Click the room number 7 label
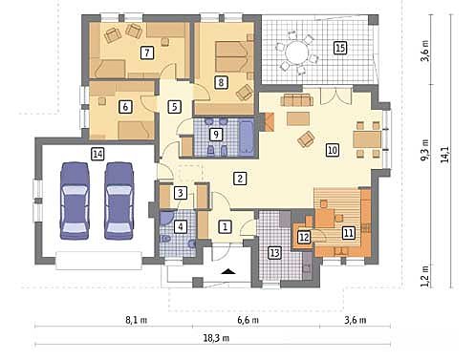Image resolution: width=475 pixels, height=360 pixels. (147, 53)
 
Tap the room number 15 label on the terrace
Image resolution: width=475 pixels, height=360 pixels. (340, 48)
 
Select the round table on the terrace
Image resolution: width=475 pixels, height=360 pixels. (296, 53)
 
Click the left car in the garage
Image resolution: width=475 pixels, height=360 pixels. (74, 201)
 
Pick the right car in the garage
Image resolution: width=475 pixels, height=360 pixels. (119, 201)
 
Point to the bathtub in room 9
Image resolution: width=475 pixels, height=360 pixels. (247, 138)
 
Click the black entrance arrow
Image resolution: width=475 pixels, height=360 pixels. (228, 271)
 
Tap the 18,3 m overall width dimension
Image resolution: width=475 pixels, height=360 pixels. (216, 338)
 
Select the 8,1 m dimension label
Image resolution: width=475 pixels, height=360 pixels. (137, 320)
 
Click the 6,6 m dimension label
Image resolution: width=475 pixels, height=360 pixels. (248, 320)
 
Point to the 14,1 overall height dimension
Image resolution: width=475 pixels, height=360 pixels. (445, 155)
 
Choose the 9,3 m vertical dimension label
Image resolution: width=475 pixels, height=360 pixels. (425, 150)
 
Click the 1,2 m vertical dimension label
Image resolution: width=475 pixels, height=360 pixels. (425, 276)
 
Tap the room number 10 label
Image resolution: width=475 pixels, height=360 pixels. (333, 150)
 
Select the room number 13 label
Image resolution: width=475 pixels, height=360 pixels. (274, 253)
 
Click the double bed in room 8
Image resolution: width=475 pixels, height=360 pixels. (231, 56)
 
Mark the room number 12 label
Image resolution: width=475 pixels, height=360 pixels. (304, 237)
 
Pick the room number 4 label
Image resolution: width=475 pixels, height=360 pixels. (181, 227)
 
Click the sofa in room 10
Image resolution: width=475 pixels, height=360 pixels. (296, 99)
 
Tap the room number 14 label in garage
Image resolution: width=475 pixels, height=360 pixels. (97, 154)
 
